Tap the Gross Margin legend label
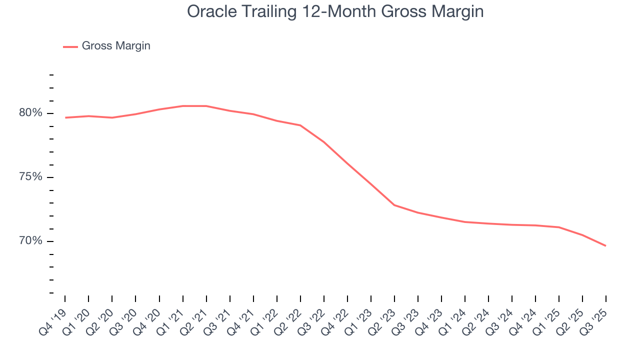coord(116,46)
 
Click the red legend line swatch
coord(70,46)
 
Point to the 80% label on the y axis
coord(31,113)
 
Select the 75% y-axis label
coord(31,177)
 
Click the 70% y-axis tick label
coord(31,241)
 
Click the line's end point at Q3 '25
coord(606,245)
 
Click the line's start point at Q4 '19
coord(65,117)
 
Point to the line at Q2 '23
coord(394,205)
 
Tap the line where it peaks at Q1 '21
coord(183,106)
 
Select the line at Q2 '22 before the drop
coord(300,125)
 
